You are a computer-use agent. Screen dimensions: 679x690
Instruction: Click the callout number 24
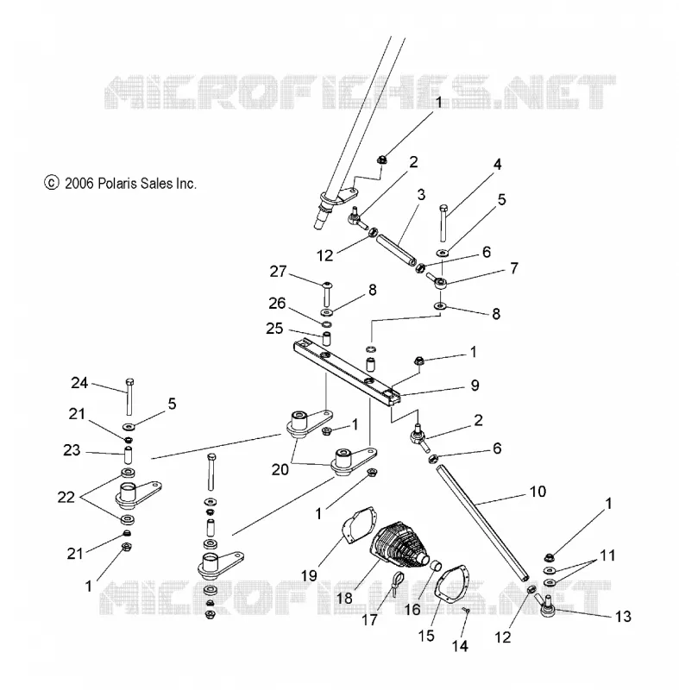[x=79, y=383]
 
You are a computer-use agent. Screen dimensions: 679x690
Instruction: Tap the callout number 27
[x=278, y=271]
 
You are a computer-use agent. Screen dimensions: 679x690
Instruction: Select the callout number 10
[x=538, y=491]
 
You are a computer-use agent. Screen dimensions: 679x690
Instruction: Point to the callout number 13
[x=623, y=616]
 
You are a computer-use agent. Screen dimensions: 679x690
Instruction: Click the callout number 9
[x=475, y=385]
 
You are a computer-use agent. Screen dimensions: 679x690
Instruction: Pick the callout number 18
[x=344, y=598]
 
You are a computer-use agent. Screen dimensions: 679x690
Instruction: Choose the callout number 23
[x=72, y=449]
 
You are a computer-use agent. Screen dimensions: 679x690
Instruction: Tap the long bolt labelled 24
[x=129, y=397]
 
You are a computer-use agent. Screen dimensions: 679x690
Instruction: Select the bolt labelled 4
[x=443, y=223]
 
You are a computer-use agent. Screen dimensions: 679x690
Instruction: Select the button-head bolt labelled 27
[x=327, y=294]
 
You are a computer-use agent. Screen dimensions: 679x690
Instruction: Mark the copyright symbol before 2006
[x=52, y=183]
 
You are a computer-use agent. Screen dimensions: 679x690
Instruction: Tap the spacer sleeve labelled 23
[x=127, y=455]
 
